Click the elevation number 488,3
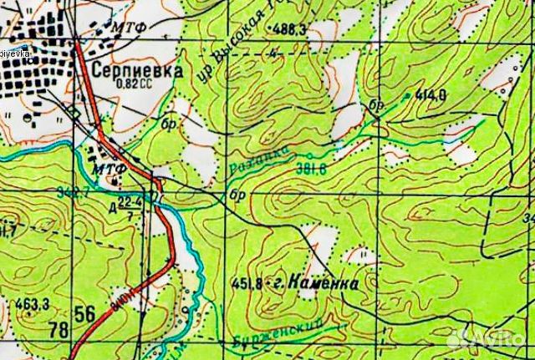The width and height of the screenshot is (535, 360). (288, 29)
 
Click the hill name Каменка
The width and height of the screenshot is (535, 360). (326, 284)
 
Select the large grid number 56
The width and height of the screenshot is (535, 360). (84, 314)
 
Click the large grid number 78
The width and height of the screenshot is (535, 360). (59, 330)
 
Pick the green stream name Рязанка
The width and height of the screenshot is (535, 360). (257, 159)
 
